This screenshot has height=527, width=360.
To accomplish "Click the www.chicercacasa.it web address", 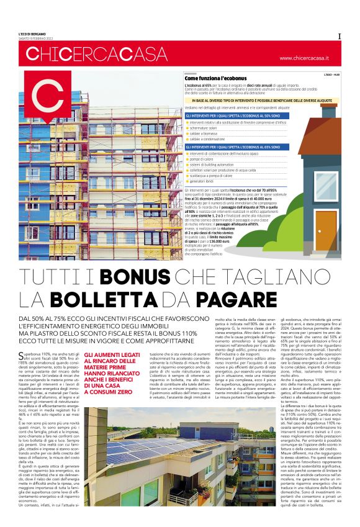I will (304, 58).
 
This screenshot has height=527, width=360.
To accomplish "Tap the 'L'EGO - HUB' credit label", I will (331, 74).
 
